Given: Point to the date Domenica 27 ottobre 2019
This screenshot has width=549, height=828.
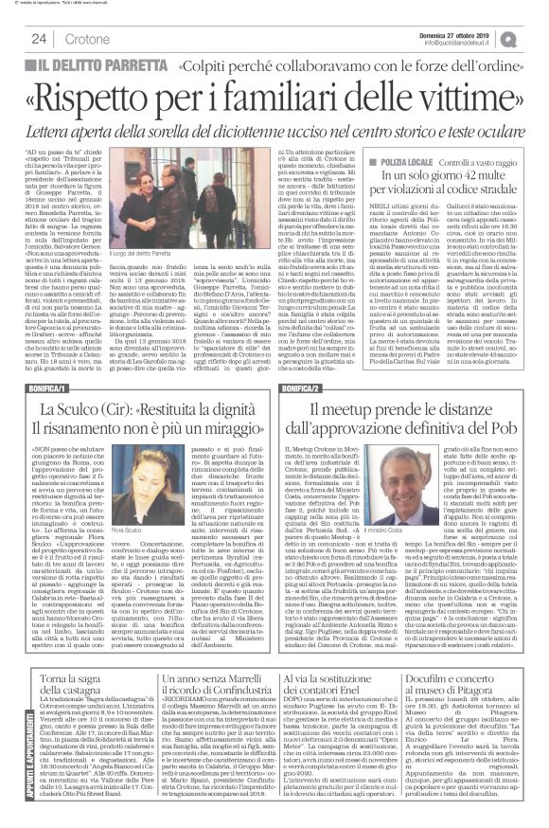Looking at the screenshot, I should click(452, 34).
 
